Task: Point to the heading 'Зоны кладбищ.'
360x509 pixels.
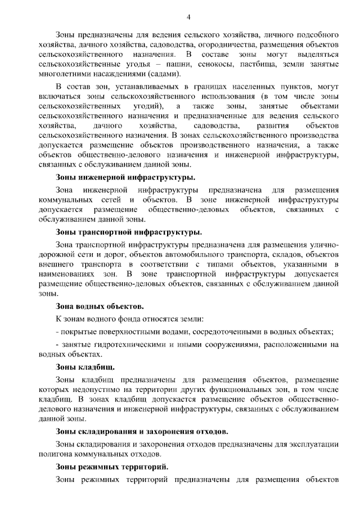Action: [78, 367]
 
